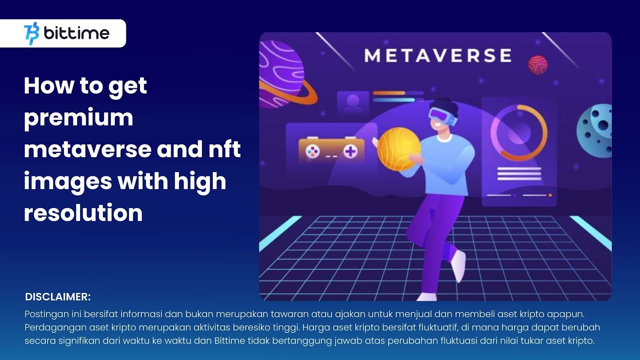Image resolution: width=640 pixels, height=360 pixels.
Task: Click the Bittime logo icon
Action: [x=32, y=34]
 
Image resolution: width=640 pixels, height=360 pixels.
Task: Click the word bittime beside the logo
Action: [x=76, y=33]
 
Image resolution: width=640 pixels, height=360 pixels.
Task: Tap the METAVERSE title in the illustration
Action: [x=438, y=56]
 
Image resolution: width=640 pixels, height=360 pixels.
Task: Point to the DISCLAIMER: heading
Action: [x=58, y=297]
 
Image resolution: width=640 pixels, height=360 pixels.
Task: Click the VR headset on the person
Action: [x=442, y=116]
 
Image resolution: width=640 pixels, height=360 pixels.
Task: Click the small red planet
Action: [x=538, y=65]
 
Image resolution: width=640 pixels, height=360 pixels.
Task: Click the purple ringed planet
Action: [x=283, y=76]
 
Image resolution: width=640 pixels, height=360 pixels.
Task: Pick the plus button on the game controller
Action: [x=350, y=152]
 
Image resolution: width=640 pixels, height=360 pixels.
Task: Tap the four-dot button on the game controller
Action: [x=312, y=152]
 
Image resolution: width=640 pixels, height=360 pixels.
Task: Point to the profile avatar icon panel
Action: [x=353, y=103]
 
